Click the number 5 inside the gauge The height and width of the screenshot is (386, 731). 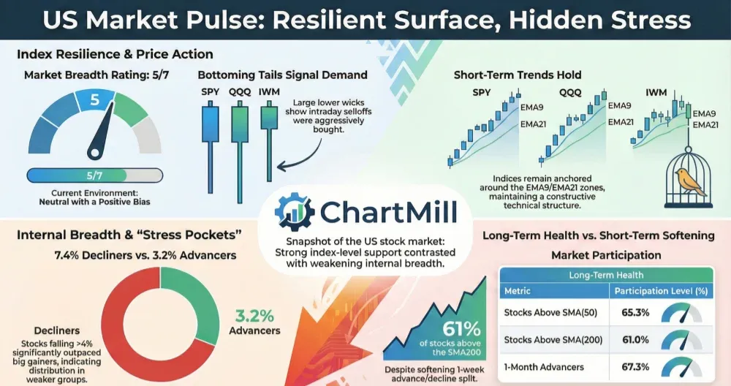tap(94, 100)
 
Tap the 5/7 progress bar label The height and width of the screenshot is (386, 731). tap(94, 175)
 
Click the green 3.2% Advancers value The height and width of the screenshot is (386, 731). tap(254, 317)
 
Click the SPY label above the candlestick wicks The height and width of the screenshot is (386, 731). tap(211, 92)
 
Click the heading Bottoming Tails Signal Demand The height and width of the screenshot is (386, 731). tap(282, 75)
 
